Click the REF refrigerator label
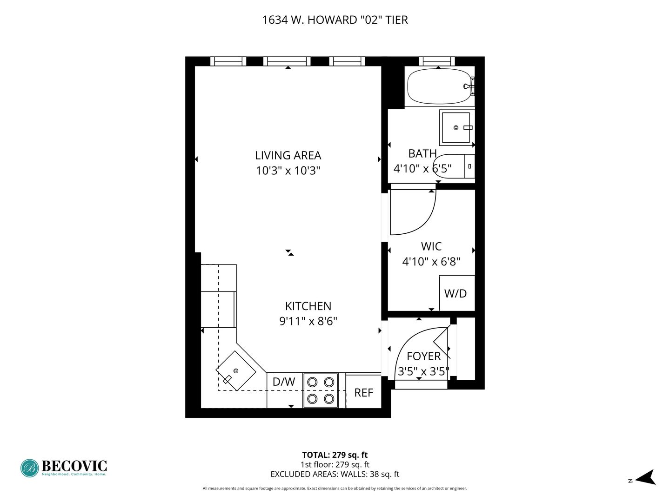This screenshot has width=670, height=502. [363, 393]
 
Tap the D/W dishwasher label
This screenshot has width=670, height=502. [283, 382]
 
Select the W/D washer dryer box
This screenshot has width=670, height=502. [456, 293]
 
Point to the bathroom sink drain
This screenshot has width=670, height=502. [456, 128]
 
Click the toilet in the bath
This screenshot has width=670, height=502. [454, 166]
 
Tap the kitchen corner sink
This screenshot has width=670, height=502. [235, 370]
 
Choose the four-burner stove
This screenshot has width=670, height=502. [320, 390]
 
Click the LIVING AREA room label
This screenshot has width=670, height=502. [288, 155]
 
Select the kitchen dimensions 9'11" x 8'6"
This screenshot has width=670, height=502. [308, 321]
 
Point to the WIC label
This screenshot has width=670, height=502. [431, 246]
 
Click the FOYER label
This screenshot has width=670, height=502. [424, 356]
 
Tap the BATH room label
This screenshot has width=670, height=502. [422, 153]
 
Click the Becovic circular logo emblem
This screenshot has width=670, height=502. [30, 468]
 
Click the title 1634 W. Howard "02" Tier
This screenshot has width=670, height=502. [335, 20]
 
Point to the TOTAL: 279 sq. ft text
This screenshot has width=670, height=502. [335, 455]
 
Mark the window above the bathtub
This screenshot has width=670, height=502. [436, 61]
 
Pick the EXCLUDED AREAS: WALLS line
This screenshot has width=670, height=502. [335, 474]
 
